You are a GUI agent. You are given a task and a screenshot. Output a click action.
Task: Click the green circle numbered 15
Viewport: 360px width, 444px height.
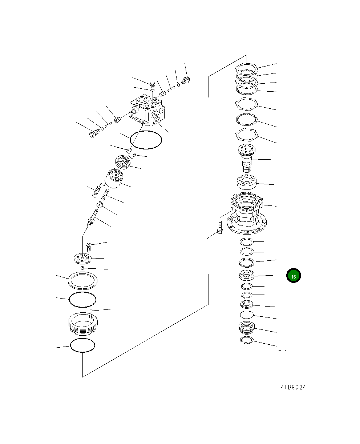[294, 275]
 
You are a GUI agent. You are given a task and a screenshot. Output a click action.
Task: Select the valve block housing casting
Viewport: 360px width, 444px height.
[147, 110]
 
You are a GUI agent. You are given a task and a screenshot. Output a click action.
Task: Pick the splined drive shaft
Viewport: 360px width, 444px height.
[247, 158]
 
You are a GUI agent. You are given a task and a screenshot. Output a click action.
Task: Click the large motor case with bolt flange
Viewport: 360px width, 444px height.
[247, 213]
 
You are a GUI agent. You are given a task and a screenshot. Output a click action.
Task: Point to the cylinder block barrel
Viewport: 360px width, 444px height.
[114, 178]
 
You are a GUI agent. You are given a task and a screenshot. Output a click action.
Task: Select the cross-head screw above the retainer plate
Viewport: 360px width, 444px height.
[89, 247]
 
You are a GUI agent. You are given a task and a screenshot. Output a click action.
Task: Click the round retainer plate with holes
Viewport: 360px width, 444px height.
[83, 259]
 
